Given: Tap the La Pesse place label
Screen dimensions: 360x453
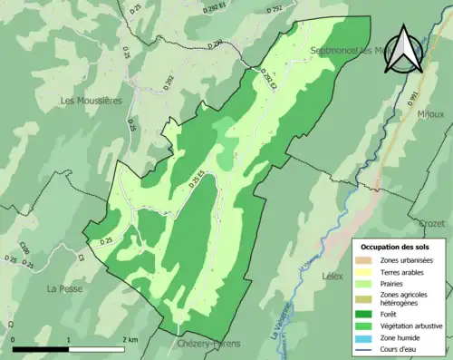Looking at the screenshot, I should [x=65, y=288].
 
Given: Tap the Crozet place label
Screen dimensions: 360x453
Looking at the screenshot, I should [x=434, y=222].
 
